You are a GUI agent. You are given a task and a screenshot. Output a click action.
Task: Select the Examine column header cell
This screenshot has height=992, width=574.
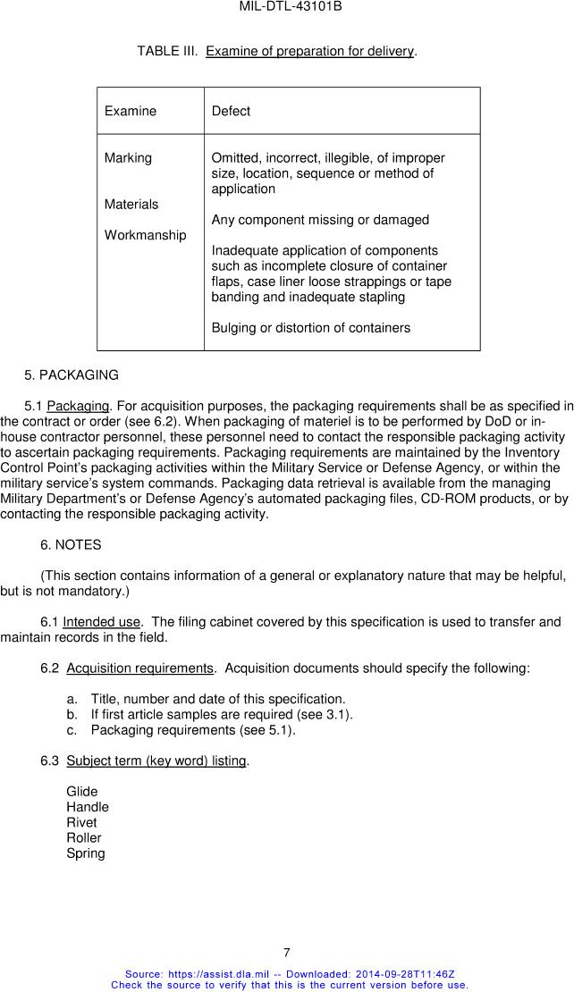(x=131, y=111)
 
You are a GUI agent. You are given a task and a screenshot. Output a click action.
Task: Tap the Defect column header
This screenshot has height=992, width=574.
(x=231, y=111)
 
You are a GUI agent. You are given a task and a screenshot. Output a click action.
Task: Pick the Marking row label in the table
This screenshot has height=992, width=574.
(x=128, y=158)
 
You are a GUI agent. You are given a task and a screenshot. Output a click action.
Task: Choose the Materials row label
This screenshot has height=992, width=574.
(x=131, y=205)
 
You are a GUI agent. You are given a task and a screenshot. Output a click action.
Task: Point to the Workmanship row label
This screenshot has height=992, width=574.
(x=146, y=235)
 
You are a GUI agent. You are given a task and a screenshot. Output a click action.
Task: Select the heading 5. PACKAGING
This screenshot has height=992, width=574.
(x=72, y=375)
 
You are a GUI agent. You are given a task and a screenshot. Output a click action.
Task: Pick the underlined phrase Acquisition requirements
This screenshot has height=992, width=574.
(x=140, y=668)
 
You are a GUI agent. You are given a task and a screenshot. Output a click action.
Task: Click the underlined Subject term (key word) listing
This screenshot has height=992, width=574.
(x=156, y=761)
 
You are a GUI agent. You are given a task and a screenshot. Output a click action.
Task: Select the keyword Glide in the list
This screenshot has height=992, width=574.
(x=82, y=792)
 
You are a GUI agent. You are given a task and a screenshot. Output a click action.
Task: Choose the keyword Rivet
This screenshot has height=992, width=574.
(x=81, y=822)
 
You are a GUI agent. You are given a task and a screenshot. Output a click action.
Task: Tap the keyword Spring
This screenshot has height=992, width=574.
(x=86, y=853)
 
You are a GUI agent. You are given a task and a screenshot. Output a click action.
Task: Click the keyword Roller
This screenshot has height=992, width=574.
(x=84, y=838)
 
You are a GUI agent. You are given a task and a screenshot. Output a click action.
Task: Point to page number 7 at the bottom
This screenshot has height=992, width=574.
(x=286, y=953)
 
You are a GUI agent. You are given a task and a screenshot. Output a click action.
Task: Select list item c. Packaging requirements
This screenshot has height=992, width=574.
(x=192, y=730)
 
